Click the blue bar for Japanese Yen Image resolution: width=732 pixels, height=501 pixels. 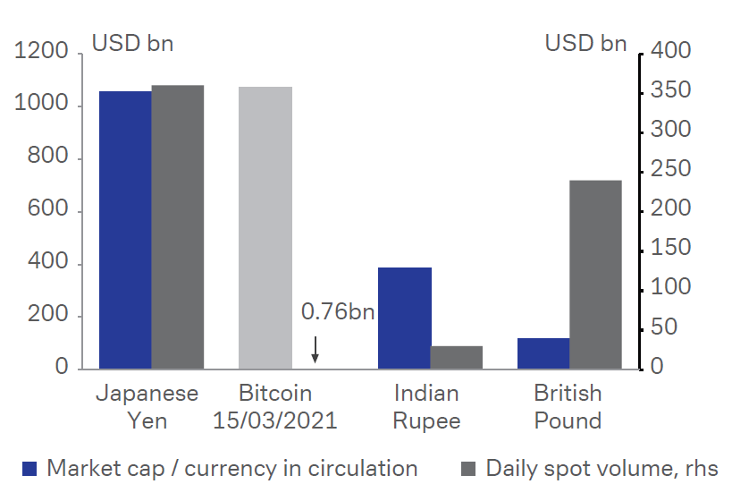point(125,230)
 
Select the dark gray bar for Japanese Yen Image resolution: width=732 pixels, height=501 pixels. point(177,227)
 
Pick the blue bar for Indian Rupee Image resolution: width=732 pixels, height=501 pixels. point(404,318)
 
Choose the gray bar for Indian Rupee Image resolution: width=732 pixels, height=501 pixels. point(456,357)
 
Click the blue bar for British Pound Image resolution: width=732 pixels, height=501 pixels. point(543,353)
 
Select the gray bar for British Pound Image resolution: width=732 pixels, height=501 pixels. point(595,275)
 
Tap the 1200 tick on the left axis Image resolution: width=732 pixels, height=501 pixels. point(42,53)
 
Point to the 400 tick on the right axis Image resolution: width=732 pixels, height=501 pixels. point(671,52)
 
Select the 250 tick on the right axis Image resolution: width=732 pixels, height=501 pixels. point(671,170)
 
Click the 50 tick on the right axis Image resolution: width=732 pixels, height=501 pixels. point(677,328)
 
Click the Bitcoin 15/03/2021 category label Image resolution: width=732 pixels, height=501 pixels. point(275,407)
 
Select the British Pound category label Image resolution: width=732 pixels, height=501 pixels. point(568,407)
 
